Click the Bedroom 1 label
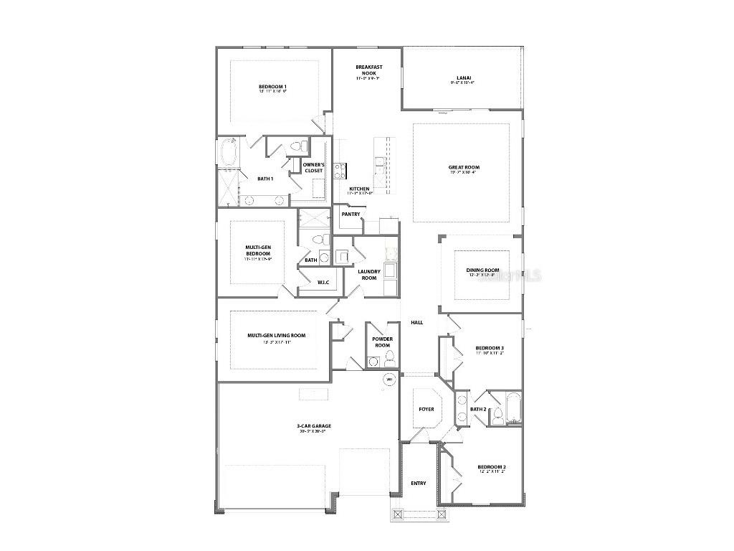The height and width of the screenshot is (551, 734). pyautogui.click(x=272, y=88)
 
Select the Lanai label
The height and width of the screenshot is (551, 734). pyautogui.click(x=463, y=78)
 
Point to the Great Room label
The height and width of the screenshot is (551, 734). pyautogui.click(x=462, y=167)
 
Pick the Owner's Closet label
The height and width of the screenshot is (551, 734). pyautogui.click(x=313, y=168)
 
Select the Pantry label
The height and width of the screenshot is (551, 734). pyautogui.click(x=351, y=214)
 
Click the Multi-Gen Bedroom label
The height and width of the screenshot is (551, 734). pyautogui.click(x=257, y=250)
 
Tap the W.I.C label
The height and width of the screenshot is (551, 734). pyautogui.click(x=323, y=282)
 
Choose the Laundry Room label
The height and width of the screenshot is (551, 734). pyautogui.click(x=369, y=274)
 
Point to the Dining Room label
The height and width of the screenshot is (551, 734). pyautogui.click(x=482, y=270)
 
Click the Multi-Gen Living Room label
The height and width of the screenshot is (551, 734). pyautogui.click(x=276, y=335)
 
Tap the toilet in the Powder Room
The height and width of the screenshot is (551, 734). pyautogui.click(x=372, y=362)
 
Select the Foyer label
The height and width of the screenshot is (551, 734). pyautogui.click(x=426, y=409)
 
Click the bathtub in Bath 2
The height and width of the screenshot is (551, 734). pyautogui.click(x=513, y=408)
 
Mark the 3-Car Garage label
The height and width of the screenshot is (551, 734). pyautogui.click(x=314, y=426)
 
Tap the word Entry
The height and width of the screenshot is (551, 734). pyautogui.click(x=419, y=483)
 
